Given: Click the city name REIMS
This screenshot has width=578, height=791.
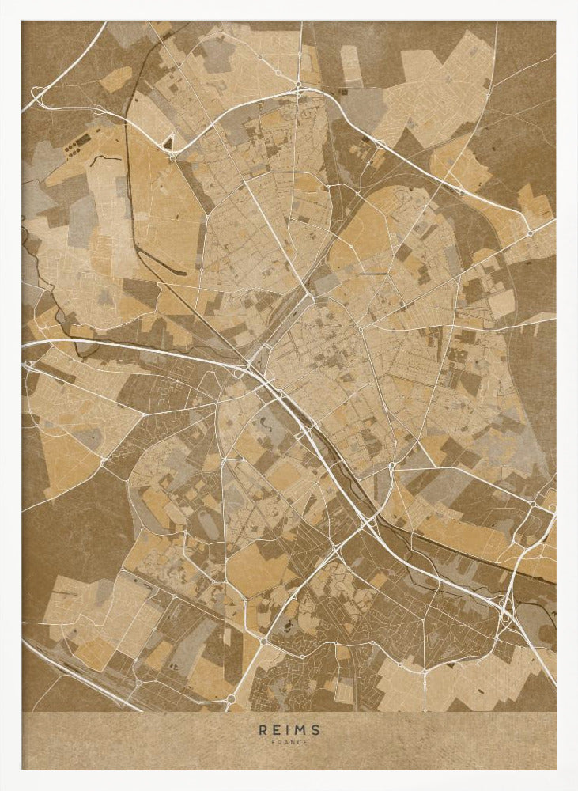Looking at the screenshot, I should (289, 730).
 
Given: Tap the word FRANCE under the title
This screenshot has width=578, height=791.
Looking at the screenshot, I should (289, 742).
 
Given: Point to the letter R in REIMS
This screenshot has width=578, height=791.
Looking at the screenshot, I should (263, 730).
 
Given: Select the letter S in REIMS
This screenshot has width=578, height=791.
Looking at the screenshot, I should (316, 730).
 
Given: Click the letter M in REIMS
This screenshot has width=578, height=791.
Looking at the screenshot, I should (301, 730).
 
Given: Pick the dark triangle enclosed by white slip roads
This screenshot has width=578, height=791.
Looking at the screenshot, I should (168, 143).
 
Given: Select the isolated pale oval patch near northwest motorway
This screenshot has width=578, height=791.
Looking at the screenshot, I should (116, 78).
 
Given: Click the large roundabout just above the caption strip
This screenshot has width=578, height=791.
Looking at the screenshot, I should (231, 699).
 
